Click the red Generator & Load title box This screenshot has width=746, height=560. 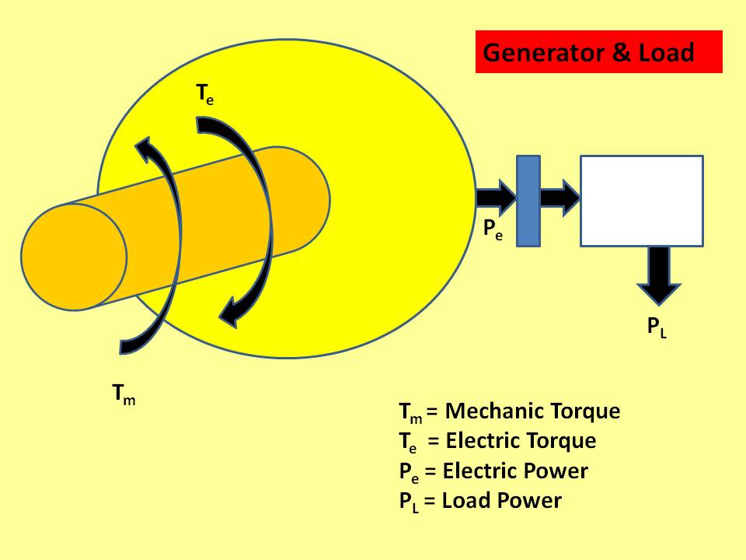598,52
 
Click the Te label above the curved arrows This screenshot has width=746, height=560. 204,96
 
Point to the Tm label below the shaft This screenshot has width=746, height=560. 124,396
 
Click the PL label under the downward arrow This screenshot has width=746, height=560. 657,327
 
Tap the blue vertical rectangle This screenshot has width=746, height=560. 528,201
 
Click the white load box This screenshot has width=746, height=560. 642,201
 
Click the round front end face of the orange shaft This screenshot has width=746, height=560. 74,256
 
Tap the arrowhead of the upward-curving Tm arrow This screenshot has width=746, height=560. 145,148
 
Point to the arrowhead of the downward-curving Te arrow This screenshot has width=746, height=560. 231,314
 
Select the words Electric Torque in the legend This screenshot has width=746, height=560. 521,441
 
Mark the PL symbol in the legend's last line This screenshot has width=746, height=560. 409,502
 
